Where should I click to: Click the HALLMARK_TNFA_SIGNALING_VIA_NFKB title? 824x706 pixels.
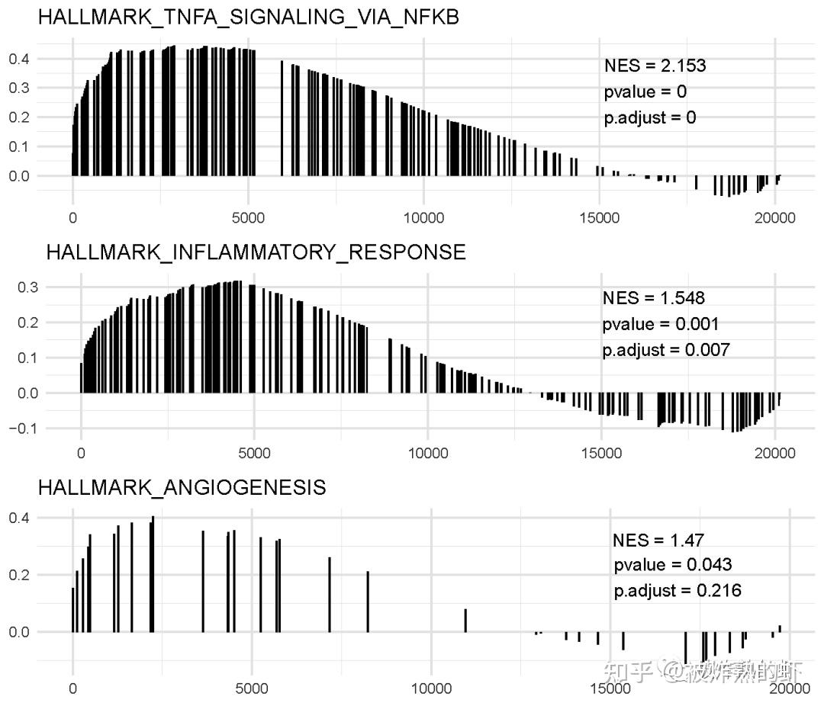pos(249,18)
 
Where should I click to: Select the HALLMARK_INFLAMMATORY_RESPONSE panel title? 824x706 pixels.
pos(256,252)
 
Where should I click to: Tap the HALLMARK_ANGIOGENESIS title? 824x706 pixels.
pos(182,487)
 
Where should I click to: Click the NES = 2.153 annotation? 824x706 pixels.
pos(655,66)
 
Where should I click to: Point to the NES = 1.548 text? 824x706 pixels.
pos(653,297)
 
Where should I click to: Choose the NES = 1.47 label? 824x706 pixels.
pos(658,540)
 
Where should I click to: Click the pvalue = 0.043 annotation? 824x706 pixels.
pos(672,565)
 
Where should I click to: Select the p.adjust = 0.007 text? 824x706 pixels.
pos(665,350)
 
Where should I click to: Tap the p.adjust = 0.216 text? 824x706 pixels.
pos(677,590)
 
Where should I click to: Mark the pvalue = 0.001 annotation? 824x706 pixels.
pos(660,324)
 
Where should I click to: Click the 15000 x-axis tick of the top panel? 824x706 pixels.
pos(599,219)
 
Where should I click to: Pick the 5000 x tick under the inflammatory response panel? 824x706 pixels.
pos(254,453)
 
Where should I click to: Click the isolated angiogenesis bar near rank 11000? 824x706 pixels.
pos(465,620)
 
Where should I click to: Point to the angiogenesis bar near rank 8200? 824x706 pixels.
pos(367,602)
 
